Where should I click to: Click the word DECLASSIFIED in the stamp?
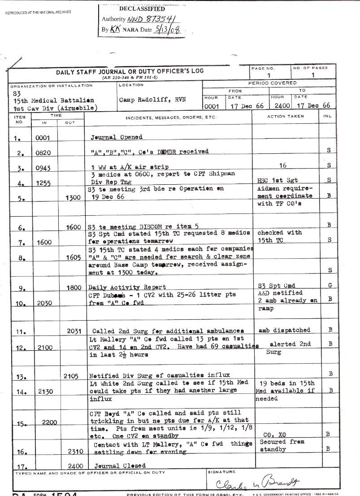click(142, 9)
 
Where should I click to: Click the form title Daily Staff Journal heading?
click(130, 71)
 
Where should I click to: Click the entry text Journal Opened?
click(117, 137)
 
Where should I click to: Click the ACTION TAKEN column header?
click(285, 117)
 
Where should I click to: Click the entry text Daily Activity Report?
click(127, 287)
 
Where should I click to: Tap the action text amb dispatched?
click(284, 330)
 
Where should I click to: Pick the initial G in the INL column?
click(330, 285)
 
